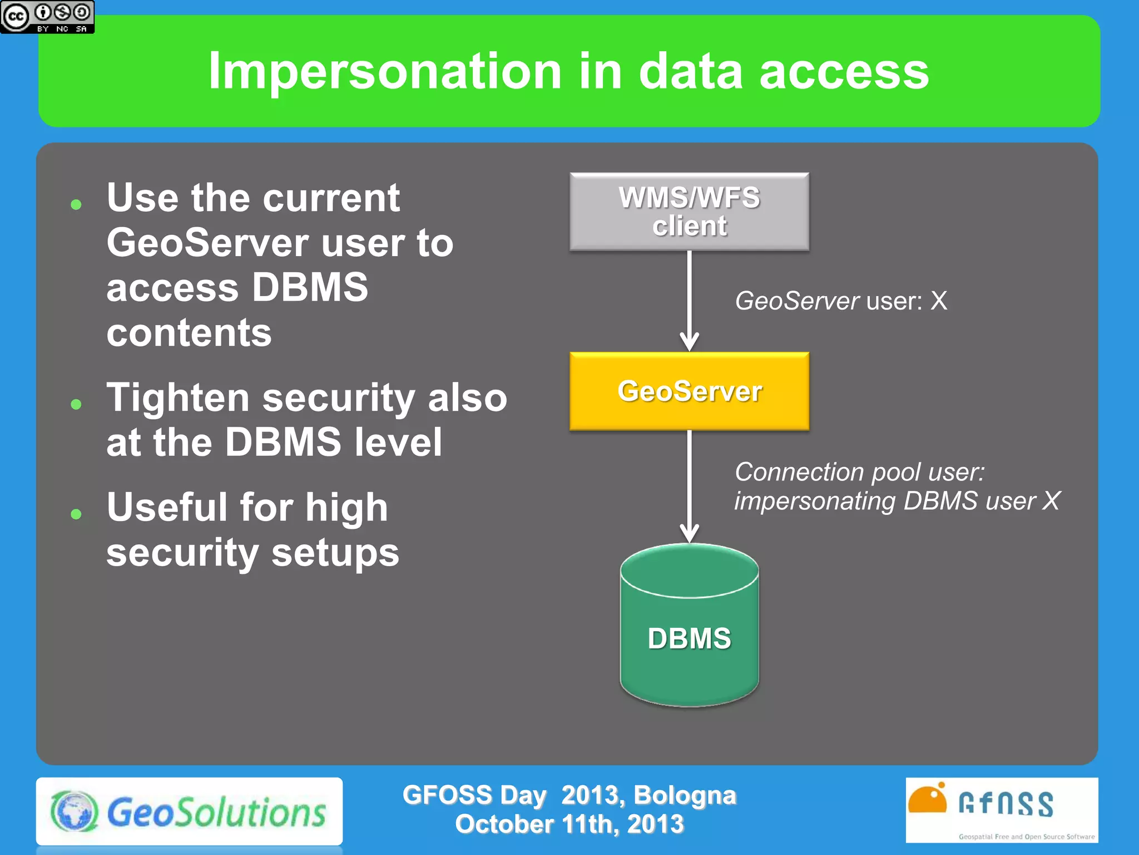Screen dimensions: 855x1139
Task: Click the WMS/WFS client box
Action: pos(689,212)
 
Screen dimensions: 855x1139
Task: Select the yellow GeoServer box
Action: pos(689,391)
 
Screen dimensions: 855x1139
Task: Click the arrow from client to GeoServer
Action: pos(689,301)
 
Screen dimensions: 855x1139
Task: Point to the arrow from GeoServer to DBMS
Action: pos(689,484)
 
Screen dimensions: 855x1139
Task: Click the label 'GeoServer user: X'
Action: pos(840,301)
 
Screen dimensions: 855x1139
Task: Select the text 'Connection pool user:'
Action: pos(859,472)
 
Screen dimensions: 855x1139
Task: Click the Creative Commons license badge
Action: pos(47,17)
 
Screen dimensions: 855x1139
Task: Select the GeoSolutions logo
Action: pos(189,812)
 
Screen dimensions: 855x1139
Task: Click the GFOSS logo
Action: pos(1001,810)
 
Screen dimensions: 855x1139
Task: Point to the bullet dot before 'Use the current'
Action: pos(76,205)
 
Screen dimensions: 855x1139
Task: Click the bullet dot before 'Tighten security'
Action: pos(76,404)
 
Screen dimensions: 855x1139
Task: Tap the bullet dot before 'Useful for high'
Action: pos(76,514)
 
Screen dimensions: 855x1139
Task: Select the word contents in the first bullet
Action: pos(189,333)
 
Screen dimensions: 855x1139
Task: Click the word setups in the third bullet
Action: pos(335,553)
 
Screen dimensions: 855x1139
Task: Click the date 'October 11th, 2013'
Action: pos(569,824)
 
